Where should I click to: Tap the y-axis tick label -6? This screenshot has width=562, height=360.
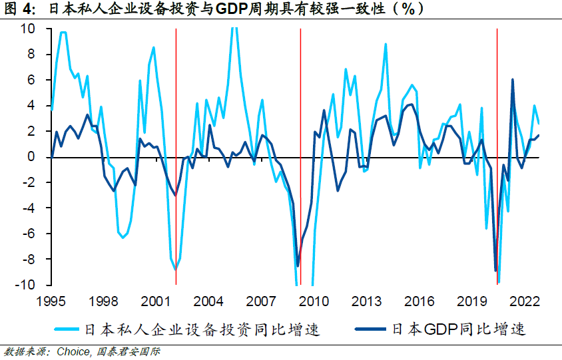click(29, 234)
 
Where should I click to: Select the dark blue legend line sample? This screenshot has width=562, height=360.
click(371, 329)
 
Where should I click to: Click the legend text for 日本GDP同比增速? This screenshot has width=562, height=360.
click(459, 329)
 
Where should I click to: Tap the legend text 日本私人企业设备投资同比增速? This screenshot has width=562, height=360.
click(200, 329)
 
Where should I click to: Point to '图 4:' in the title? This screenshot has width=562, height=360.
click(22, 10)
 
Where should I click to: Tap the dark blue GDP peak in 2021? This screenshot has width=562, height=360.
click(513, 80)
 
